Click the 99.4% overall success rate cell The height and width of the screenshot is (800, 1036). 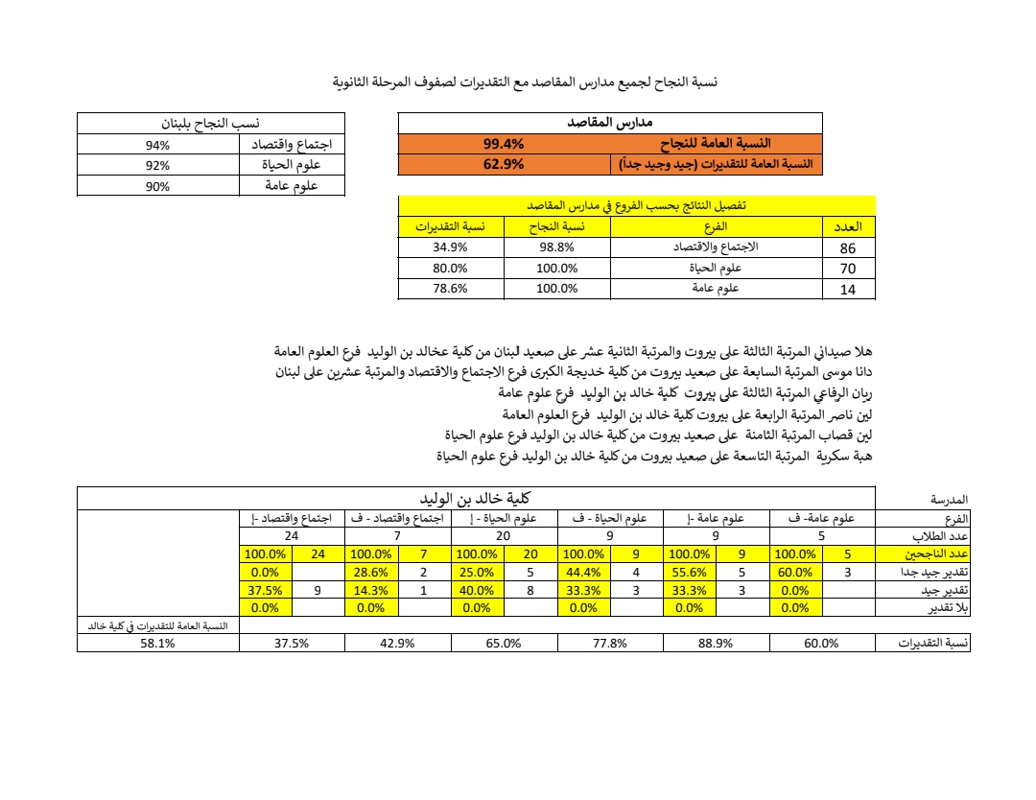[503, 144]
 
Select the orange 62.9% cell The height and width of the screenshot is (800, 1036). [503, 164]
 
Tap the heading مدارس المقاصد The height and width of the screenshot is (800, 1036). [610, 123]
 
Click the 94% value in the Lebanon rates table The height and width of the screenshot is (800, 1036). [157, 145]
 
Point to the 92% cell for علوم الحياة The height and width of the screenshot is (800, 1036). [157, 165]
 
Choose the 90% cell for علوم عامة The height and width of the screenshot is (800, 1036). [157, 186]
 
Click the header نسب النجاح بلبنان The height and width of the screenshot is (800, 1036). [210, 124]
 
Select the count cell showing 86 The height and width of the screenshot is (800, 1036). [848, 247]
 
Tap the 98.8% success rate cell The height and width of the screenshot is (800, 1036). [556, 247]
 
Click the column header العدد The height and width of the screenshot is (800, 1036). [849, 226]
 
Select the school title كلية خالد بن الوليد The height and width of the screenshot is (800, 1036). [475, 499]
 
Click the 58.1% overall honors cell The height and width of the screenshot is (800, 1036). [157, 644]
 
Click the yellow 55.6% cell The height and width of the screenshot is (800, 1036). [688, 572]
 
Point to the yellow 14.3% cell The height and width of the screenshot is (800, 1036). [369, 590]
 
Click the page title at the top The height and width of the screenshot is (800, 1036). [525, 82]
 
